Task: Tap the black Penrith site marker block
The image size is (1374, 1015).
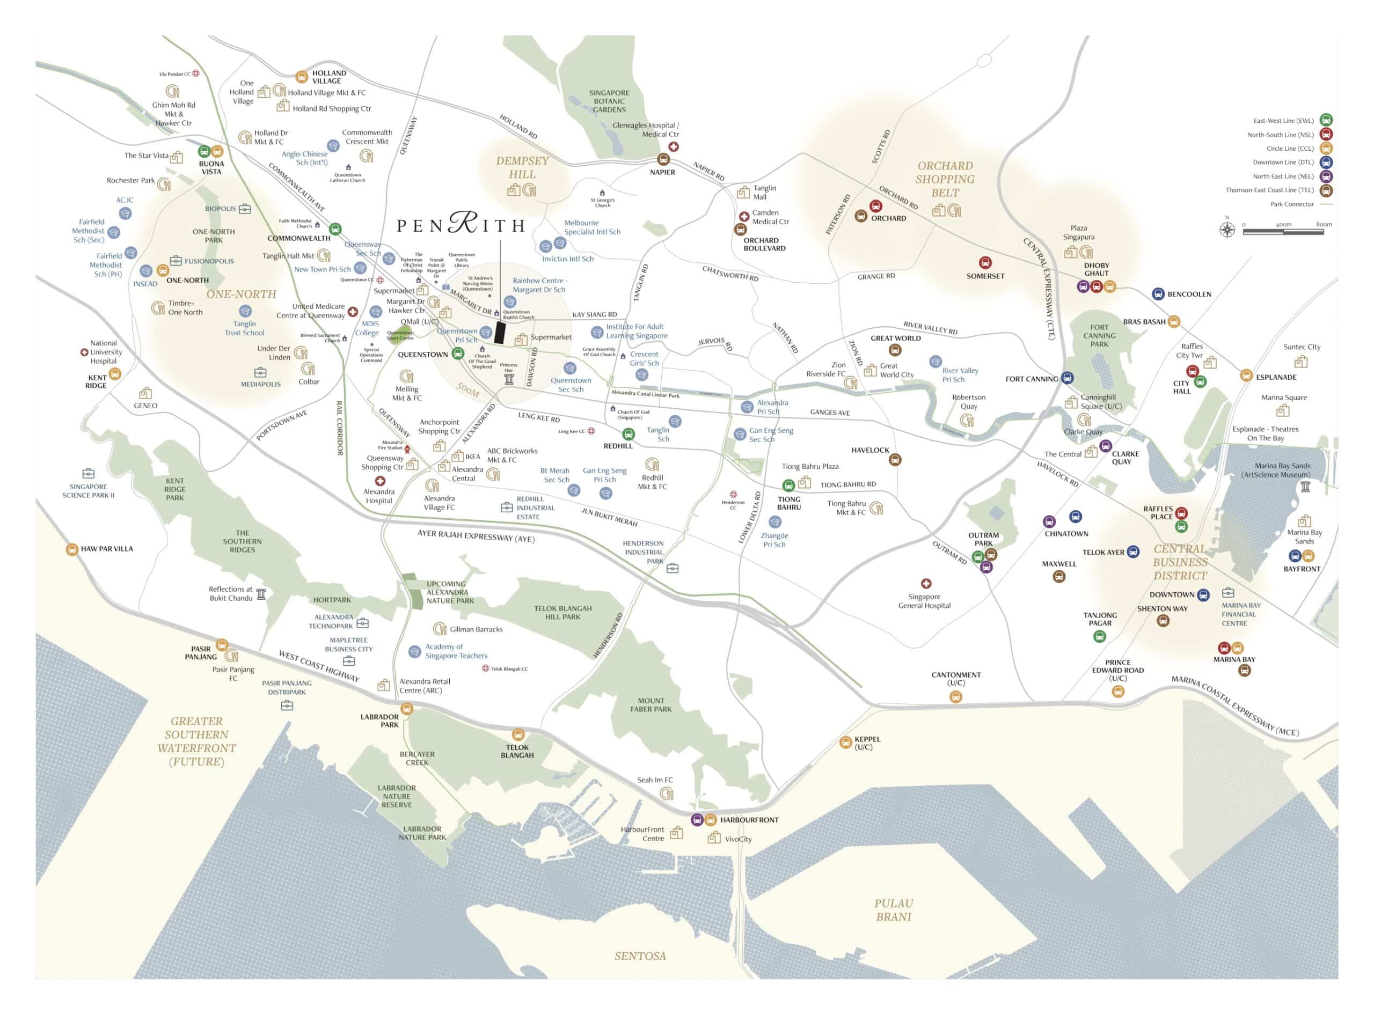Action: tap(500, 333)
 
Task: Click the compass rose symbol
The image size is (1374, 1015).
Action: tap(1227, 230)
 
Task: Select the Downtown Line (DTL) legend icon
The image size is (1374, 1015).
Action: tap(1326, 162)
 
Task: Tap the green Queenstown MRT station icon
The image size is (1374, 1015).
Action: tap(457, 354)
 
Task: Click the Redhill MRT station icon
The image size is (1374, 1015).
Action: tap(628, 435)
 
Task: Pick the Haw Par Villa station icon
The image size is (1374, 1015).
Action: tap(72, 549)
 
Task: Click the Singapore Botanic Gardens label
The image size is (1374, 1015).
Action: tap(609, 101)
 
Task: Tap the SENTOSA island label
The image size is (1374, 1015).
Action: tap(640, 956)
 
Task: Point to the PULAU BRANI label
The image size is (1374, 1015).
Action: tap(893, 910)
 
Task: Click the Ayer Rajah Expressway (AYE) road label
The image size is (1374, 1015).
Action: tap(476, 536)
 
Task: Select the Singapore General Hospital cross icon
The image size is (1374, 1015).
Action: tap(926, 583)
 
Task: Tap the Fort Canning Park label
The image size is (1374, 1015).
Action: tap(1099, 335)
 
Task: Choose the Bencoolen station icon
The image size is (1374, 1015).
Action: tap(1158, 293)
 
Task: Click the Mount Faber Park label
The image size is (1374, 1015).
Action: tap(651, 705)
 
